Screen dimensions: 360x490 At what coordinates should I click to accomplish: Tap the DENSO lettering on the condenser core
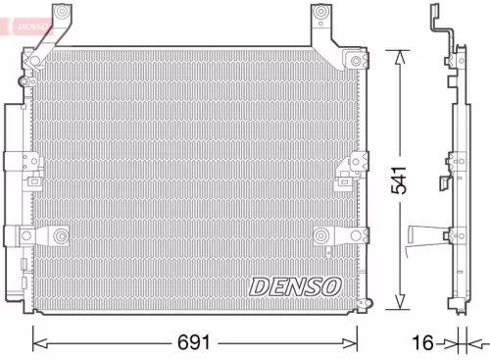(294, 285)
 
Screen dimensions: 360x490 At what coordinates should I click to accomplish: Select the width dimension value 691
(195, 342)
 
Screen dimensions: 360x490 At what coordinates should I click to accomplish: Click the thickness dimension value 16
(421, 342)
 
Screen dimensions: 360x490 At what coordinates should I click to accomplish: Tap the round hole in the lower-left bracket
(60, 235)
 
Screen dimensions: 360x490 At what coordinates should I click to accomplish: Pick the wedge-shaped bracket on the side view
(422, 233)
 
